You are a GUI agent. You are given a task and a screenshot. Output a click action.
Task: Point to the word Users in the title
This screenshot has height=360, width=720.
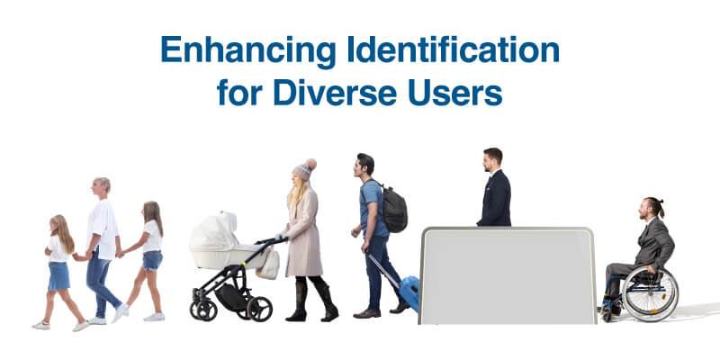[x=454, y=93]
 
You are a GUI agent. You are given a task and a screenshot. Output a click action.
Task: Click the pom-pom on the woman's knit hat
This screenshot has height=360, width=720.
[x=310, y=164]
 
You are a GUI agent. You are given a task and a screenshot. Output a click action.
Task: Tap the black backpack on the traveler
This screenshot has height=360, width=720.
[x=393, y=209]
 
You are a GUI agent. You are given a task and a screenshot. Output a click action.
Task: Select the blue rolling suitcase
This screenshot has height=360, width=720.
[x=409, y=292]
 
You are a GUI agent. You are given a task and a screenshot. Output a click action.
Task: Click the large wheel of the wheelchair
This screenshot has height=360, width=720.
[x=650, y=294]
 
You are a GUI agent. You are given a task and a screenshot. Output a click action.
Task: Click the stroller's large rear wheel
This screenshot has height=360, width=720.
[x=259, y=309]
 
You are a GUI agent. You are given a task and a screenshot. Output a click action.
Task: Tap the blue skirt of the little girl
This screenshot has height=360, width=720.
[x=59, y=275]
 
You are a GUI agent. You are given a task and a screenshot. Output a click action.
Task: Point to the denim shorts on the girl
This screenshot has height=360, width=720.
[x=152, y=260]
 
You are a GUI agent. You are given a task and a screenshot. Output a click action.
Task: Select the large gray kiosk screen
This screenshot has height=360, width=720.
[x=508, y=276]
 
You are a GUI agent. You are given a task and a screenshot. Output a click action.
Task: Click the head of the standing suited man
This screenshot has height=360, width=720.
[x=491, y=160]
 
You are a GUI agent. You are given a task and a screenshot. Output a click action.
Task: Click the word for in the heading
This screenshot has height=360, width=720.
[x=239, y=93]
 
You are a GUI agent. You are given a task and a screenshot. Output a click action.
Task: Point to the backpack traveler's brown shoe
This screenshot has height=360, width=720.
[x=366, y=313]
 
